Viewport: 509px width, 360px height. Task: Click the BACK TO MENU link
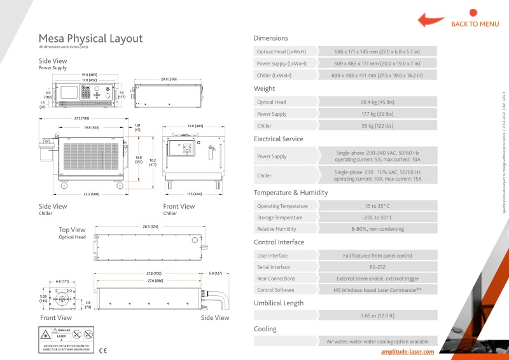pyautogui.click(x=475, y=24)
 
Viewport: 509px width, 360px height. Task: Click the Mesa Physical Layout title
pyautogui.click(x=90, y=39)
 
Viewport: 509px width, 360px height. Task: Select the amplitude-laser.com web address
pyautogui.click(x=407, y=351)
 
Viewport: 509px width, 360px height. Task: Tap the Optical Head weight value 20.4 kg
pyautogui.click(x=377, y=102)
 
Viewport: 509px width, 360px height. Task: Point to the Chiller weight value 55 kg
pyautogui.click(x=377, y=126)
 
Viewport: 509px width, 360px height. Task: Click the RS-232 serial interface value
pyautogui.click(x=377, y=267)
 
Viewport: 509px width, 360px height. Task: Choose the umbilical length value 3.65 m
pyautogui.click(x=377, y=315)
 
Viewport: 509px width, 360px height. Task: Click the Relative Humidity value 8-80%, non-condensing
pyautogui.click(x=377, y=229)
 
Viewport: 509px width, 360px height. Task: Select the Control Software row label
pyautogui.click(x=276, y=291)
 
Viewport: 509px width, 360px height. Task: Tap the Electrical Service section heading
pyautogui.click(x=279, y=139)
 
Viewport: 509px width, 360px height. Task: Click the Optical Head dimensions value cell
pyautogui.click(x=377, y=51)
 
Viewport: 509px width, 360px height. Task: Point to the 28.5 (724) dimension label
pyautogui.click(x=151, y=226)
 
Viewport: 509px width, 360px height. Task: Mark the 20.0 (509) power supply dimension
pyautogui.click(x=169, y=80)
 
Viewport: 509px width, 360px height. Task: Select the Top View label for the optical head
pyautogui.click(x=72, y=230)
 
